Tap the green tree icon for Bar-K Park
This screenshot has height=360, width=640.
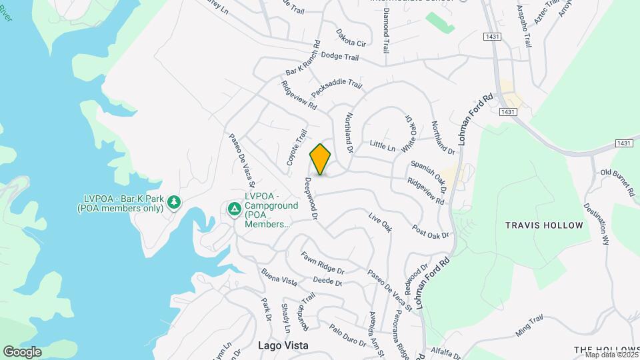point(174,201)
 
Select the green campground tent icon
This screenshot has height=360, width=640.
point(234,209)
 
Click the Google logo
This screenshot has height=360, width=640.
point(22,351)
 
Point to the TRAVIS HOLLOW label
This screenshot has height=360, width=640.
point(544,225)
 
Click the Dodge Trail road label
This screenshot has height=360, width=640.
point(340,57)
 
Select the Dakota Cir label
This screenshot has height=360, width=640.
point(351,38)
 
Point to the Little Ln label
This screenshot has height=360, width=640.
point(383,145)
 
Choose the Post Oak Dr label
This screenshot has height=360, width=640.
point(431,231)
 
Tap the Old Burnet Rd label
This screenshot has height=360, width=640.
point(617,182)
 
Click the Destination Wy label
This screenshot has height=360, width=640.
point(597,224)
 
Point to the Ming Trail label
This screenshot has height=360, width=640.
point(530,326)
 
